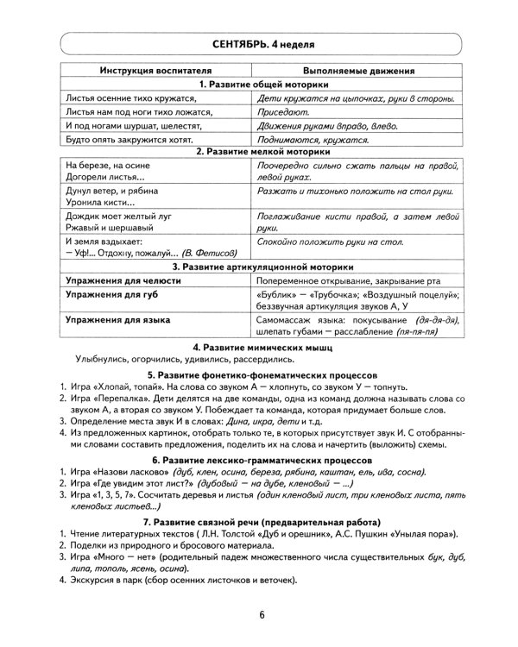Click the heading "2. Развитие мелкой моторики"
pos(259,151)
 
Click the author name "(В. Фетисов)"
pos(202,254)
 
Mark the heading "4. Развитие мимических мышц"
pos(259,346)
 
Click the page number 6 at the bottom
pos(260,614)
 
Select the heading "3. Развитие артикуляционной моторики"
pos(259,267)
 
